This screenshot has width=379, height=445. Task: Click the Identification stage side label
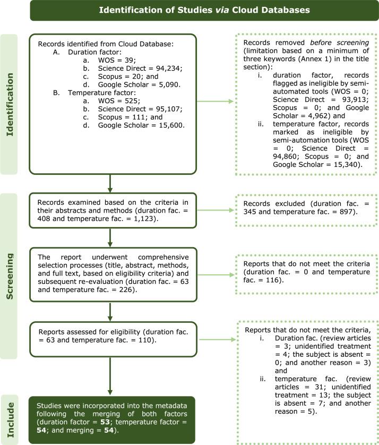[14, 104]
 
